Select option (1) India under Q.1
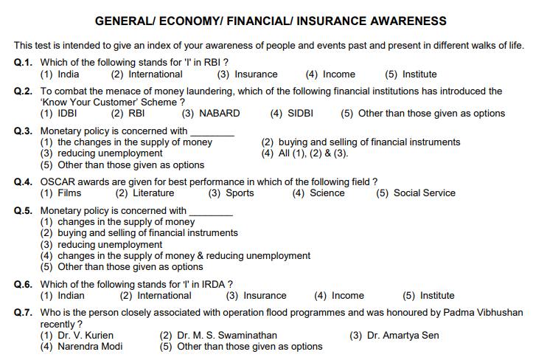60,75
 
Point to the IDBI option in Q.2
58,114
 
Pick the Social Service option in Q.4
405,193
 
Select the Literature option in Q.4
145,193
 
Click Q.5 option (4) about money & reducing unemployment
175,256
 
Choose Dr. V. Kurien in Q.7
72,336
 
